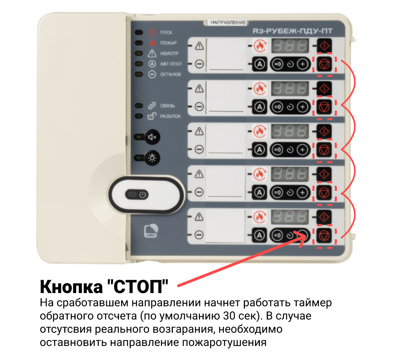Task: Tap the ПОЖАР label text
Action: (168, 43)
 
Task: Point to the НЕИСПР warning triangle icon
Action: (152, 53)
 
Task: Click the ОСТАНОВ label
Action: (170, 74)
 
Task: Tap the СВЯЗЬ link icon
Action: (152, 106)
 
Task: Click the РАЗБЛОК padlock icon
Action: (152, 116)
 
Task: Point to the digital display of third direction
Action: (290, 131)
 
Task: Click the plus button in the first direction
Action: (303, 64)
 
